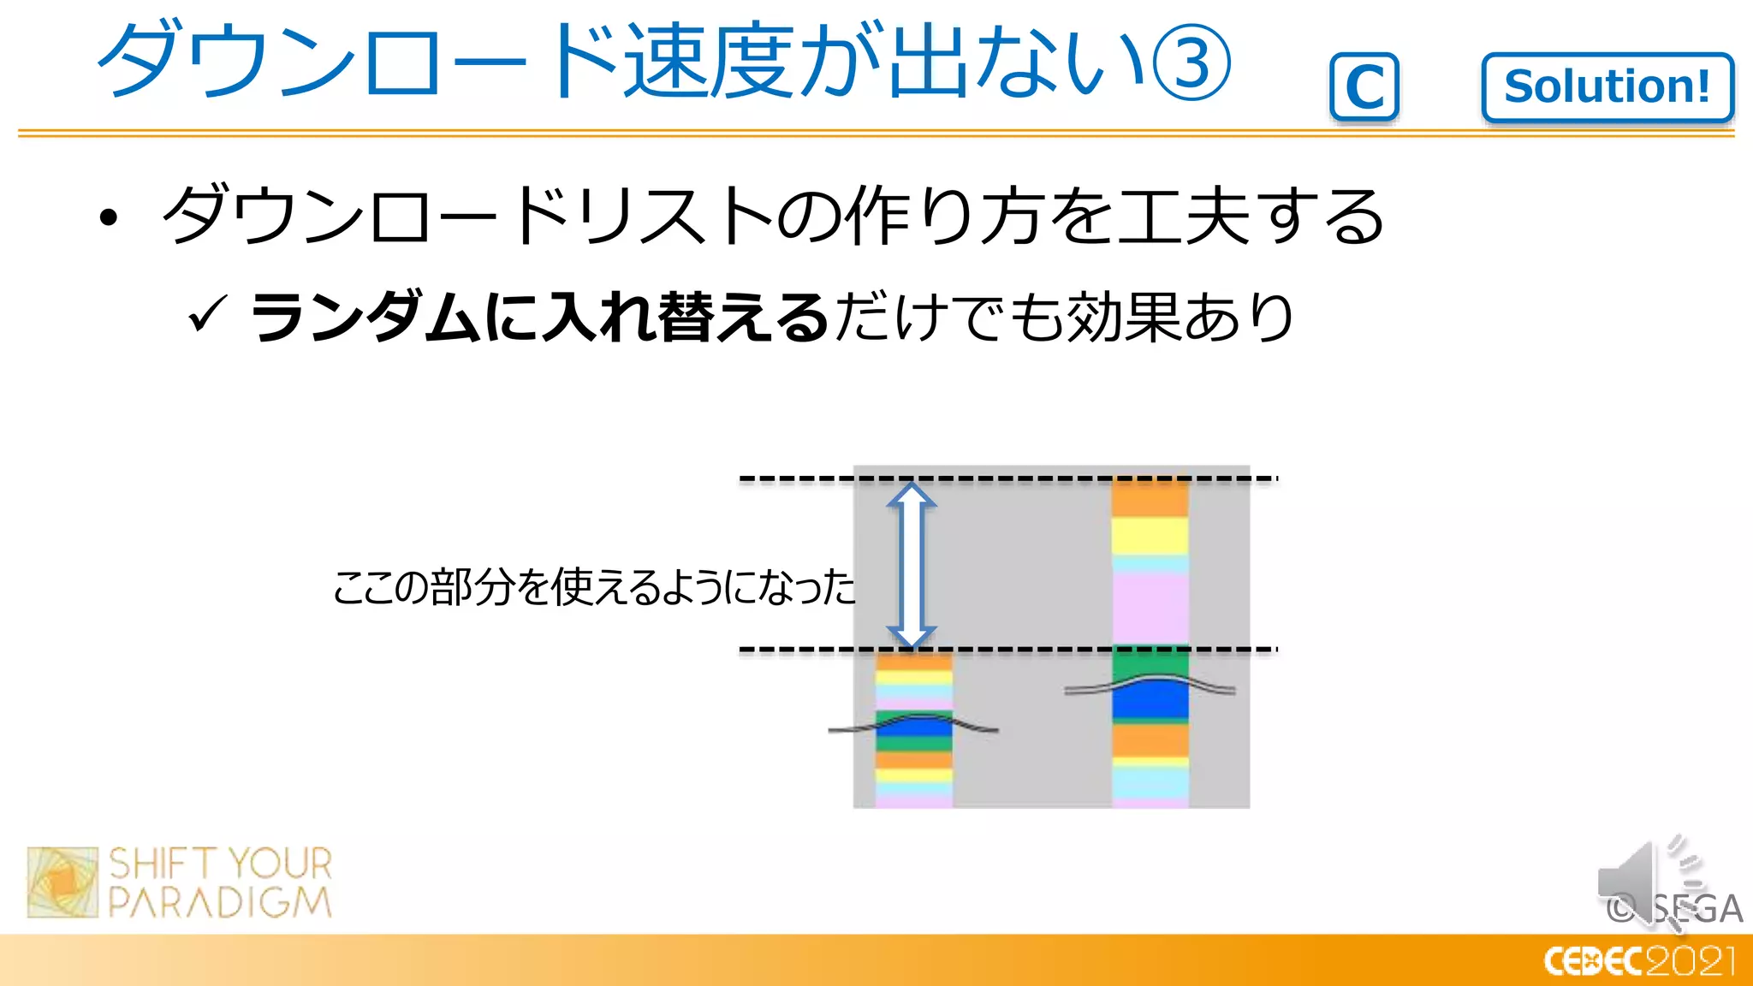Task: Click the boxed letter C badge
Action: [x=1364, y=86]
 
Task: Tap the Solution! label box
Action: [x=1607, y=87]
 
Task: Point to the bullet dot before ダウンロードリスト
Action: [x=108, y=217]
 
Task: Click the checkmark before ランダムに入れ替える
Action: [x=208, y=314]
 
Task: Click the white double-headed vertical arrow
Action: [x=912, y=565]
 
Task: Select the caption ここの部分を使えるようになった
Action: [x=593, y=587]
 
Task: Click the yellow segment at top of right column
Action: [x=1150, y=536]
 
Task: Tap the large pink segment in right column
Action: [x=1150, y=608]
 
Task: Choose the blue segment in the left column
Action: [x=914, y=728]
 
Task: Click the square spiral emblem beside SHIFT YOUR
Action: [x=62, y=882]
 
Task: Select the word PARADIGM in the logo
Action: [x=220, y=903]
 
